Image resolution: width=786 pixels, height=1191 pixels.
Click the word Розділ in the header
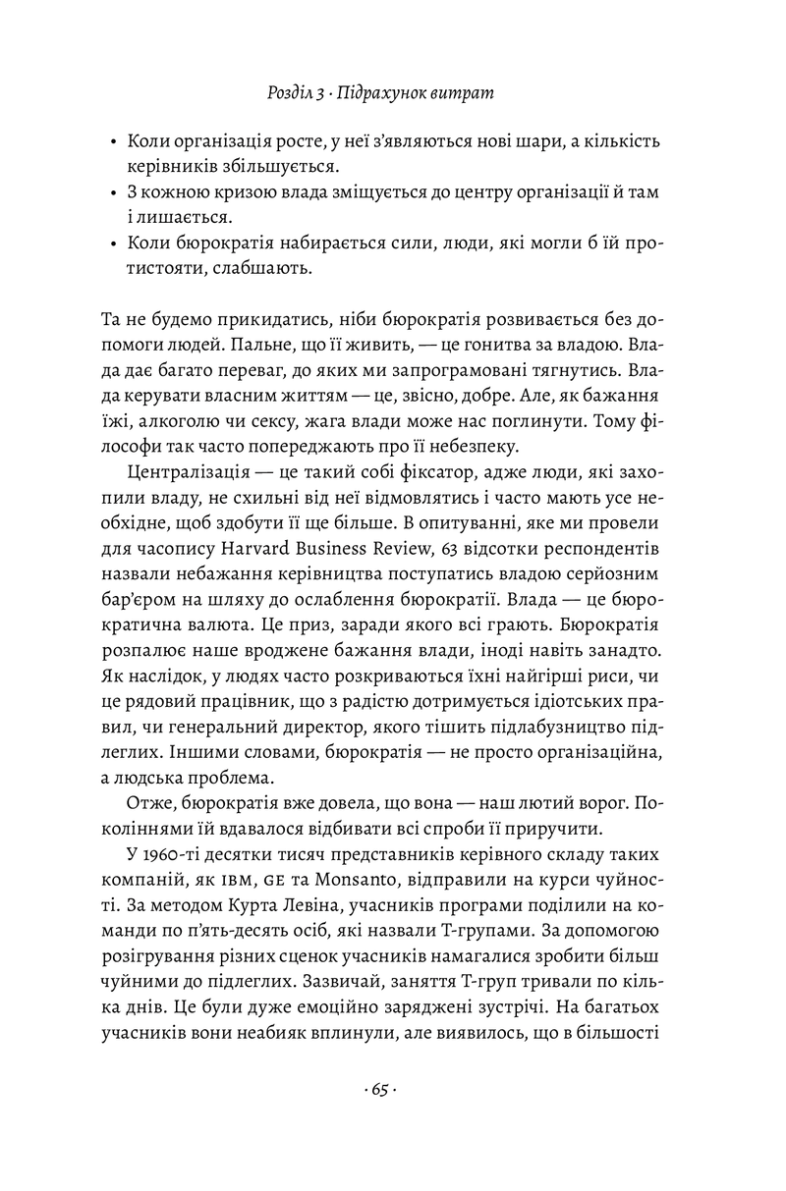tap(292, 93)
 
